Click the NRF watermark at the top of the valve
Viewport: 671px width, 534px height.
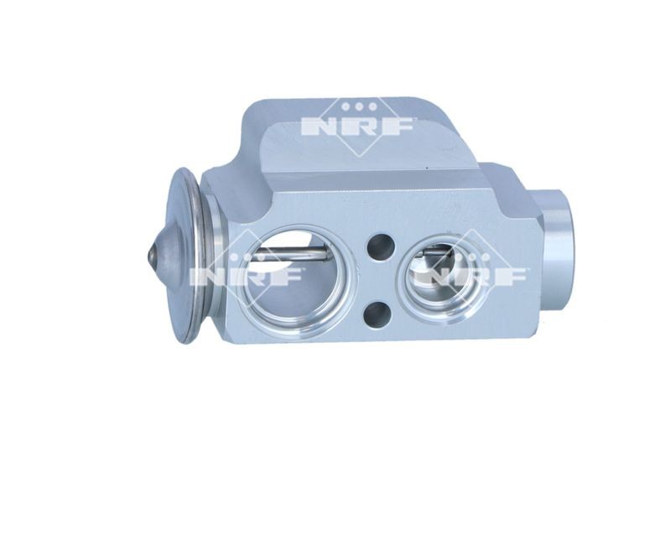pos(358,127)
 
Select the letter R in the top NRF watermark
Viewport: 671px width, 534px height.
pos(360,127)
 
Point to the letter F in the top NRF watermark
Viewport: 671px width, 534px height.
pos(397,127)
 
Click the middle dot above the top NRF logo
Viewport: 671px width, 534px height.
pos(360,106)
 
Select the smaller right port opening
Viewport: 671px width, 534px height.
pos(442,280)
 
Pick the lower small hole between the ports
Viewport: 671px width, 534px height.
pos(377,315)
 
